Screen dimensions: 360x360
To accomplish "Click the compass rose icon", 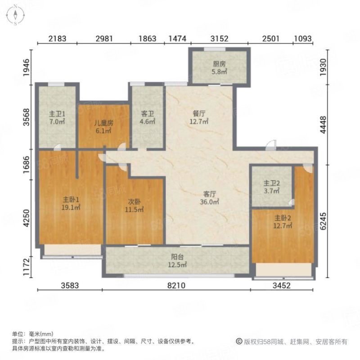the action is coord(15,16).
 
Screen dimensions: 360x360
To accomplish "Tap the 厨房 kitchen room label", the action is coord(219,64).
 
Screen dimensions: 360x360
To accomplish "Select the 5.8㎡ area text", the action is coord(219,72).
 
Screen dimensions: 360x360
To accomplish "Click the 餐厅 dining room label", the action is coord(199,113).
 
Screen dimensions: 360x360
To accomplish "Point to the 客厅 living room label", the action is coord(209,194).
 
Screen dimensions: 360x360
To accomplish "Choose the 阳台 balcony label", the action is coord(177,257).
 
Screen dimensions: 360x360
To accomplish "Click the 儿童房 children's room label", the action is coord(104,123).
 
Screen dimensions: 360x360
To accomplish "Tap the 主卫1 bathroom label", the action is coord(57,114).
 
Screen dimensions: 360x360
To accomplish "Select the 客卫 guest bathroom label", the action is coord(148,113).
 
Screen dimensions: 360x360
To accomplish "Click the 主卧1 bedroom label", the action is coord(71,199).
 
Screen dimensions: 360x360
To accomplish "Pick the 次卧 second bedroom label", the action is coord(134,202).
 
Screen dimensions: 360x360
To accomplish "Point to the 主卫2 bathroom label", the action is coord(272,183).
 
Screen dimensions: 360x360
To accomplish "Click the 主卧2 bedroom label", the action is coord(283,218).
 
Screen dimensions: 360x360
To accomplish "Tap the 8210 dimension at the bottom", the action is coord(176,285).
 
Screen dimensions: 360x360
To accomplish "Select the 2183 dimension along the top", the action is coord(58,39).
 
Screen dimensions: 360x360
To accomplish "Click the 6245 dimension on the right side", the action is coord(323,221).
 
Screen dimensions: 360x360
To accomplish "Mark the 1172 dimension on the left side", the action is coord(27,267).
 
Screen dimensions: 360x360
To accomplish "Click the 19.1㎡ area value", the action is coord(71,207).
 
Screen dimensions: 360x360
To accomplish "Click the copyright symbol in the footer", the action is coord(239,342).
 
